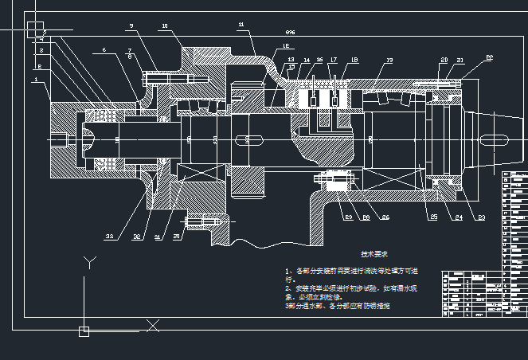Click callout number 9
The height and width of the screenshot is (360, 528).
click(x=131, y=26)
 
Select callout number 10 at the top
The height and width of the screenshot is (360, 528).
click(x=165, y=26)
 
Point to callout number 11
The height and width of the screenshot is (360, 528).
click(x=241, y=25)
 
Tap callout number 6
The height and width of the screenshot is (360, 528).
click(x=104, y=51)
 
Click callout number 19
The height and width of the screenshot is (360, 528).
click(x=389, y=61)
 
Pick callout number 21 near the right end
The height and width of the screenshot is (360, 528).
click(x=460, y=61)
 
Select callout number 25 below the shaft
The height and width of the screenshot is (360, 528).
click(x=434, y=217)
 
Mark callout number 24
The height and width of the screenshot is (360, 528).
click(x=459, y=217)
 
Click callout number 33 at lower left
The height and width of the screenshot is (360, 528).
click(x=109, y=237)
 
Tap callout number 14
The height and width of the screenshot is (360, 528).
click(x=307, y=61)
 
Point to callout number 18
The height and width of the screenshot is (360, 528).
click(x=354, y=61)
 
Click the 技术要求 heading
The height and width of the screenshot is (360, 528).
click(x=374, y=255)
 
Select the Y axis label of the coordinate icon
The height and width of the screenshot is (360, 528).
click(x=92, y=260)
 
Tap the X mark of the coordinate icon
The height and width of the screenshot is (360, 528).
click(x=154, y=325)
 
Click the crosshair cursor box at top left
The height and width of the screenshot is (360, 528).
click(x=35, y=30)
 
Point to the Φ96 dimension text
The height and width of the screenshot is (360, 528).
click(x=290, y=33)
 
